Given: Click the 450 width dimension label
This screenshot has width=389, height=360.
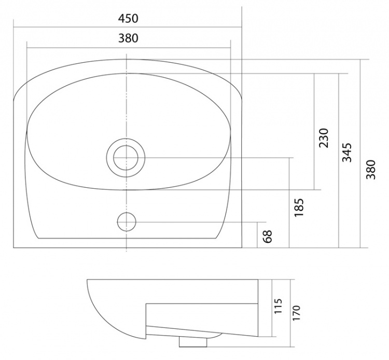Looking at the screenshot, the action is click(128, 18).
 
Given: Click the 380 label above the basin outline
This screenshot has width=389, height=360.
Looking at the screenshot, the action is click(128, 38).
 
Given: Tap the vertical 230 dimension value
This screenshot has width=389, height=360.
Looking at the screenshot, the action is click(324, 138).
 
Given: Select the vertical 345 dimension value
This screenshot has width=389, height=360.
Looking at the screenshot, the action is click(347, 153).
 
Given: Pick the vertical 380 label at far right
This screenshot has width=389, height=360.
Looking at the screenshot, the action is click(371, 170).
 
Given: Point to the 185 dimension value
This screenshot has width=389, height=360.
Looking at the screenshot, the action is click(299, 207).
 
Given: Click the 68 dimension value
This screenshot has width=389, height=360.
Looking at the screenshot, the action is click(268, 237).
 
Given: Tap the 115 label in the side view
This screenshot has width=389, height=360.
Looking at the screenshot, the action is click(279, 306).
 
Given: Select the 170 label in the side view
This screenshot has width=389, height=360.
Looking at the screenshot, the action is click(296, 313).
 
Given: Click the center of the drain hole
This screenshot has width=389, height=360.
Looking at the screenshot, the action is click(126, 158).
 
